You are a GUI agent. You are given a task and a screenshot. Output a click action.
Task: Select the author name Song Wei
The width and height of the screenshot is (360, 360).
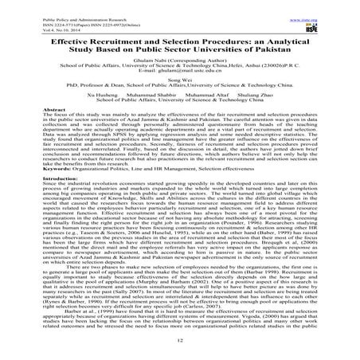tap(180, 93)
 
